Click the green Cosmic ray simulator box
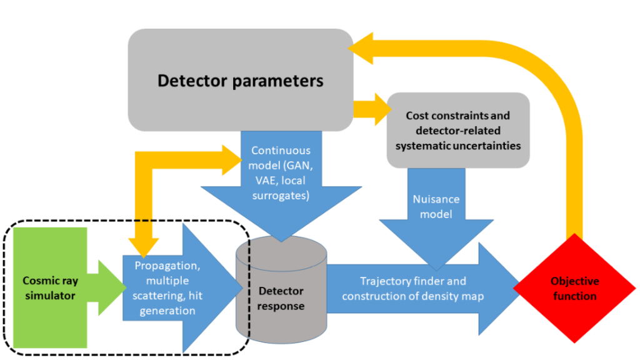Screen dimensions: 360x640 (50, 287)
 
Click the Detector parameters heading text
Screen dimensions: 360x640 (241, 81)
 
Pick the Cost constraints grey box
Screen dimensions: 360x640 (458, 131)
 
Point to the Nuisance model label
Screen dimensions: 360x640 (436, 206)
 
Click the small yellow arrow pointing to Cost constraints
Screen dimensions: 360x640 (375, 108)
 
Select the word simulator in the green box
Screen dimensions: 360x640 (50, 295)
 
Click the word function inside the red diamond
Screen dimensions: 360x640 (576, 296)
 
